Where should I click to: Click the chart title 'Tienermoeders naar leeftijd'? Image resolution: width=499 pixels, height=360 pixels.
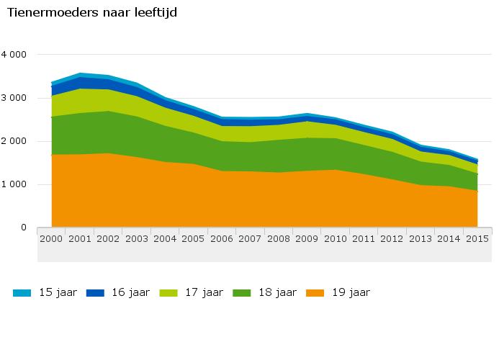pos(91,12)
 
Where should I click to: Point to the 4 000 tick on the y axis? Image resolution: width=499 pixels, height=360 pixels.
pos(14,55)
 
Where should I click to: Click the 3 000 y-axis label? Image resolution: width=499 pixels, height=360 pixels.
pos(14,98)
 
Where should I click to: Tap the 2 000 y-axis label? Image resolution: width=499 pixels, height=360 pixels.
pos(14,141)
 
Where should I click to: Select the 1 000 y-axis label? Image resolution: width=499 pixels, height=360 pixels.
pos(14,184)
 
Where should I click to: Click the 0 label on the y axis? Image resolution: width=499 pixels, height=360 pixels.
pos(24,228)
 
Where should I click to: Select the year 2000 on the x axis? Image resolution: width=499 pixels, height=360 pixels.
pos(51,238)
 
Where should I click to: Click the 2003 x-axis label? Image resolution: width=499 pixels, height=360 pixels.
pos(137,238)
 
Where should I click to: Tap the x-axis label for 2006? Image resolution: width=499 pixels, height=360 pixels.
pos(222,238)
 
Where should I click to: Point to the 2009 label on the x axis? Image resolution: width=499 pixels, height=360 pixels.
pos(307,238)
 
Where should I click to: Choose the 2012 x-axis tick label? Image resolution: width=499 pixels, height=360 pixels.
pos(392,238)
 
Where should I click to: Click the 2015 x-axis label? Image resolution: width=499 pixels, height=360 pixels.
pos(477,238)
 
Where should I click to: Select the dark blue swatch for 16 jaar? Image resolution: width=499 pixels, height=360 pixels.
pos(95,292)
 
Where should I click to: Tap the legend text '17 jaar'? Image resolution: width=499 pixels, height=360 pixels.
pos(204,292)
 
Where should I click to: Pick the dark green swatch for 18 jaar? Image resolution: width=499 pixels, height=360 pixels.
pos(242,292)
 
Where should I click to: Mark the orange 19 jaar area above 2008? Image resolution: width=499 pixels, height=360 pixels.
pos(279,202)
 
